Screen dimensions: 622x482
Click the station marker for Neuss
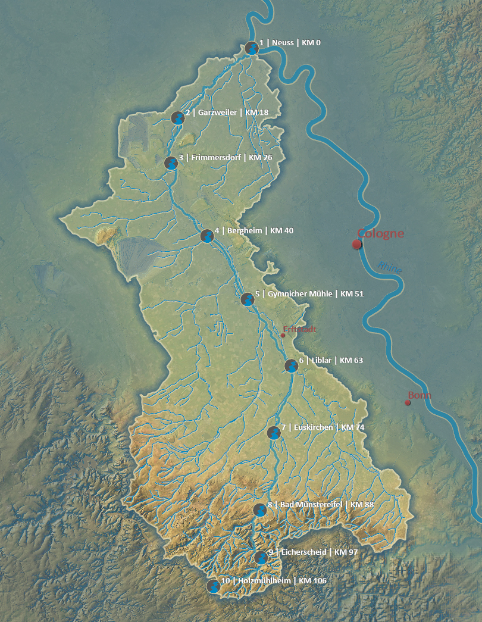pyautogui.click(x=252, y=48)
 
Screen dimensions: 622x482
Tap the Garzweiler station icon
pyautogui.click(x=177, y=117)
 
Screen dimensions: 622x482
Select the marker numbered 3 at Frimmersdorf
pyautogui.click(x=171, y=162)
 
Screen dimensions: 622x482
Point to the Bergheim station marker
pyautogui.click(x=206, y=236)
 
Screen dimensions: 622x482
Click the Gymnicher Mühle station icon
pyautogui.click(x=248, y=299)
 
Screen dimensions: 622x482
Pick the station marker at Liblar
pyautogui.click(x=290, y=365)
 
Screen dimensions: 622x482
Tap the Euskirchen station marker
pyautogui.click(x=274, y=433)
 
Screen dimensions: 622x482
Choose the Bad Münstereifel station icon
pyautogui.click(x=259, y=510)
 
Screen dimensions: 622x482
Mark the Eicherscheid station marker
pyautogui.click(x=261, y=557)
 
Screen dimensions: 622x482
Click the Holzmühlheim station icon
pyautogui.click(x=212, y=586)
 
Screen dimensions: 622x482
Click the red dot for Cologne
pyautogui.click(x=357, y=244)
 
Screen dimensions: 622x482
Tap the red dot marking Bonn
pyautogui.click(x=408, y=403)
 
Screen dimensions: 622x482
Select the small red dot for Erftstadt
pyautogui.click(x=283, y=335)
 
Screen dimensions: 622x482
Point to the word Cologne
pyautogui.click(x=380, y=233)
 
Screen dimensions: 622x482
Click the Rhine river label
pyautogui.click(x=390, y=268)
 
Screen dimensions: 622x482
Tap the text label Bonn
pyautogui.click(x=420, y=395)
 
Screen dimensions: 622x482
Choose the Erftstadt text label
pyautogui.click(x=300, y=329)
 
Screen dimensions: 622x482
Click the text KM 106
pyautogui.click(x=312, y=580)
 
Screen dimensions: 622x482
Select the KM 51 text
pyautogui.click(x=352, y=293)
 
